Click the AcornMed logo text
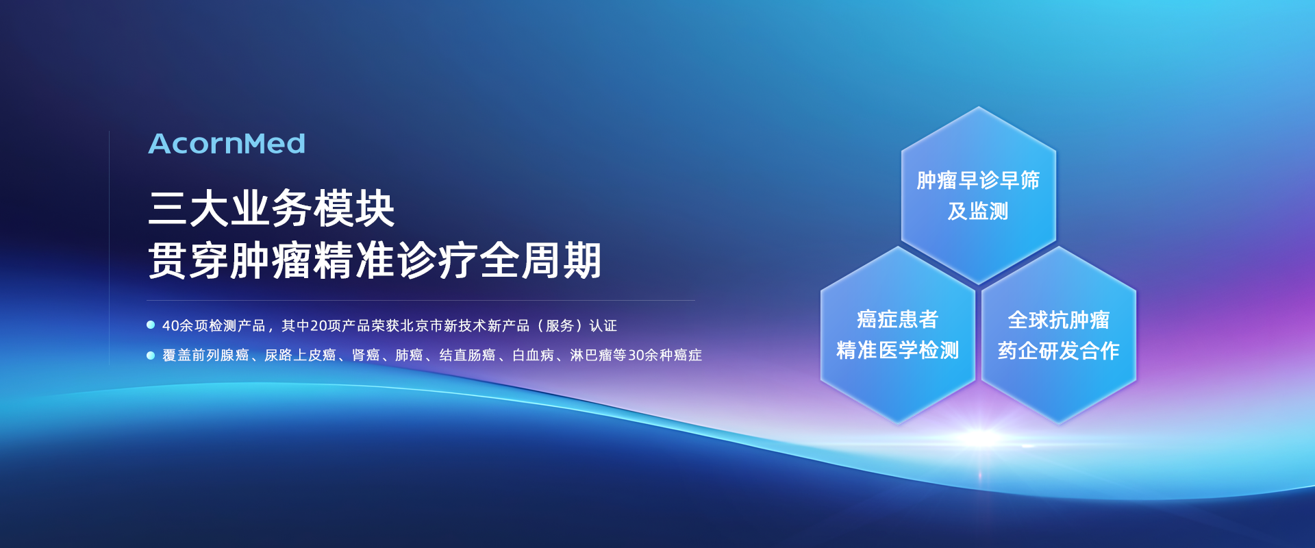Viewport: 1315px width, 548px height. (x=227, y=144)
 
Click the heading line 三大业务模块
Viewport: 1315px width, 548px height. (x=271, y=208)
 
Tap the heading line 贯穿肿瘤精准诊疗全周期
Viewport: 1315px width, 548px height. (x=375, y=260)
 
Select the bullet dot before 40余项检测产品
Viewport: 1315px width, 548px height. (x=151, y=325)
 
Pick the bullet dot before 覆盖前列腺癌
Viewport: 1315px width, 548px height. (x=151, y=355)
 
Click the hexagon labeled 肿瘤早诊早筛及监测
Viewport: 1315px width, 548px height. (x=979, y=195)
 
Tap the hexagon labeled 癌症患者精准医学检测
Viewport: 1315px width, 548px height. (x=898, y=335)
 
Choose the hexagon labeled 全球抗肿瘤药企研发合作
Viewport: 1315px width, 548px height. (x=1059, y=335)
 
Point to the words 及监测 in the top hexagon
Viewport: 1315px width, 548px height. (x=978, y=211)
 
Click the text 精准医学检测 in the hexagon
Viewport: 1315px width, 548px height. (x=898, y=350)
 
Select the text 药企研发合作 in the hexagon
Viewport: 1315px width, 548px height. (x=1059, y=351)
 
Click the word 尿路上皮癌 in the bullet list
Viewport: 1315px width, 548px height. (x=300, y=355)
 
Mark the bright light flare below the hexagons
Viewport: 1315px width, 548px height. (x=981, y=437)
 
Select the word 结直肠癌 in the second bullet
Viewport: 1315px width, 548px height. (x=467, y=355)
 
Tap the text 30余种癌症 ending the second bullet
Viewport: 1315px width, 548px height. (x=665, y=355)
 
